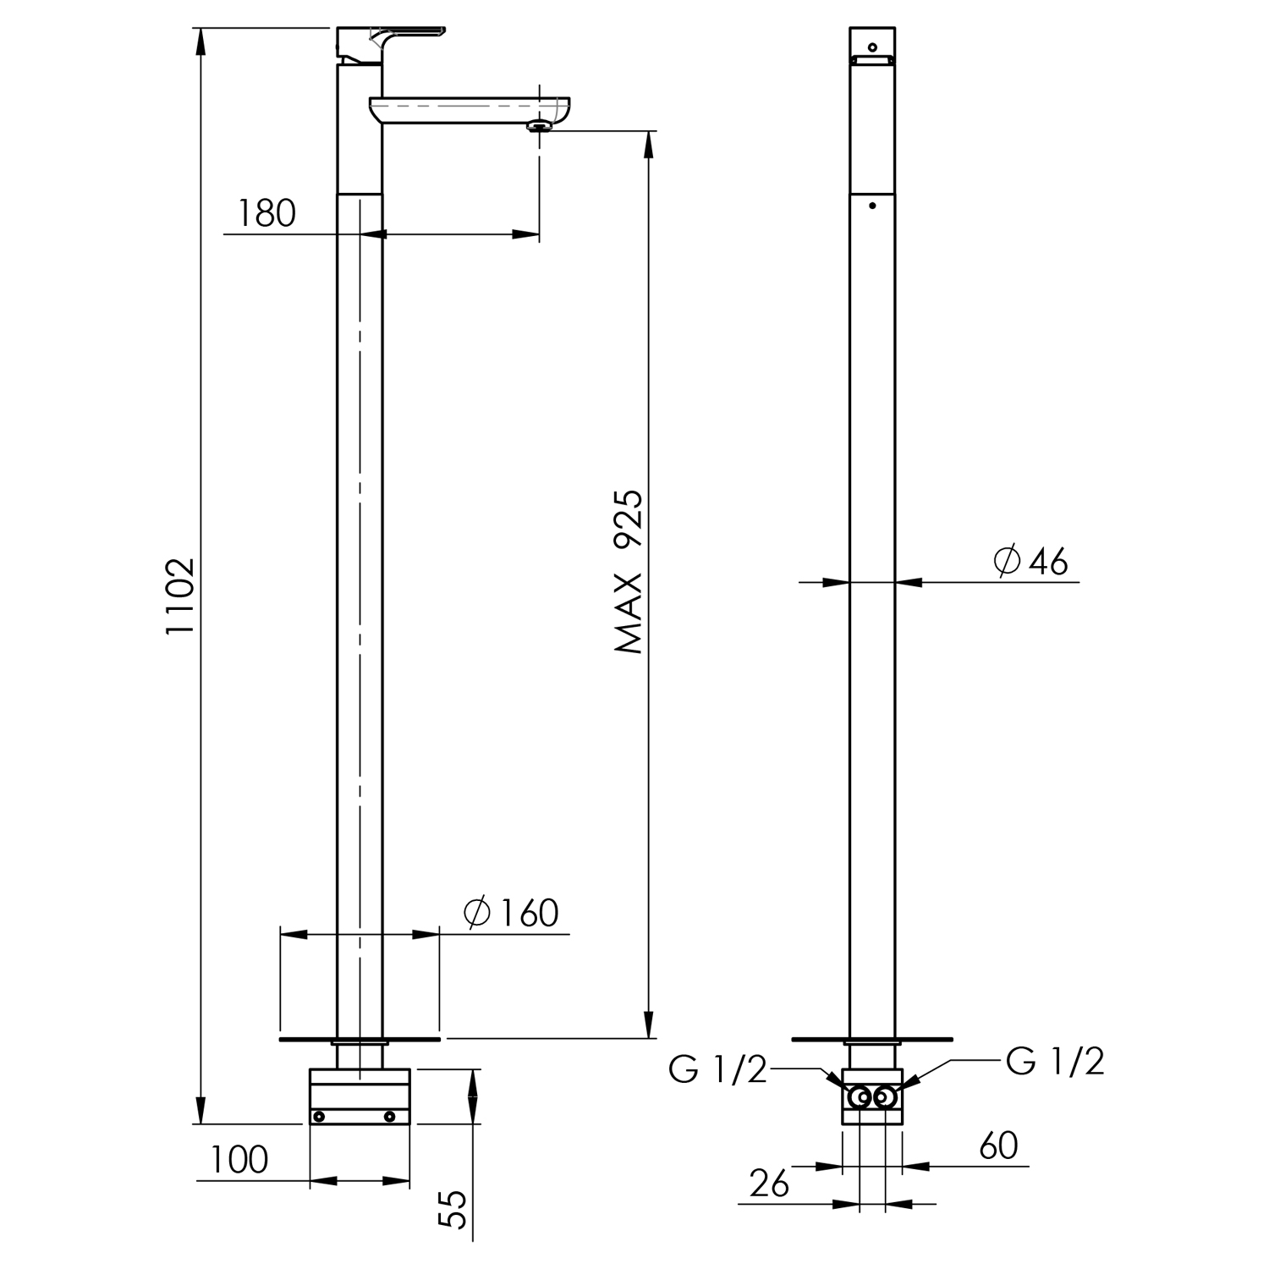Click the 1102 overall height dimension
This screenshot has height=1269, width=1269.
point(180,596)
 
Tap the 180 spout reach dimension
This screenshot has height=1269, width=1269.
point(266,213)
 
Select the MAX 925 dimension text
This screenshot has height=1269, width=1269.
point(629,572)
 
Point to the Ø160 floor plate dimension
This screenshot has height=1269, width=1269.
point(511,913)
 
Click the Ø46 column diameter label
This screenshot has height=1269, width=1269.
point(1031,561)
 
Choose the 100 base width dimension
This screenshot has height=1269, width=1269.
point(239,1159)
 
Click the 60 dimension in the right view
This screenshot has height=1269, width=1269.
point(998,1145)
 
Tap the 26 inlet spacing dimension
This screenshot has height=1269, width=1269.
point(769,1184)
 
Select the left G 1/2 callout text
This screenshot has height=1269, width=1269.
point(717,1070)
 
